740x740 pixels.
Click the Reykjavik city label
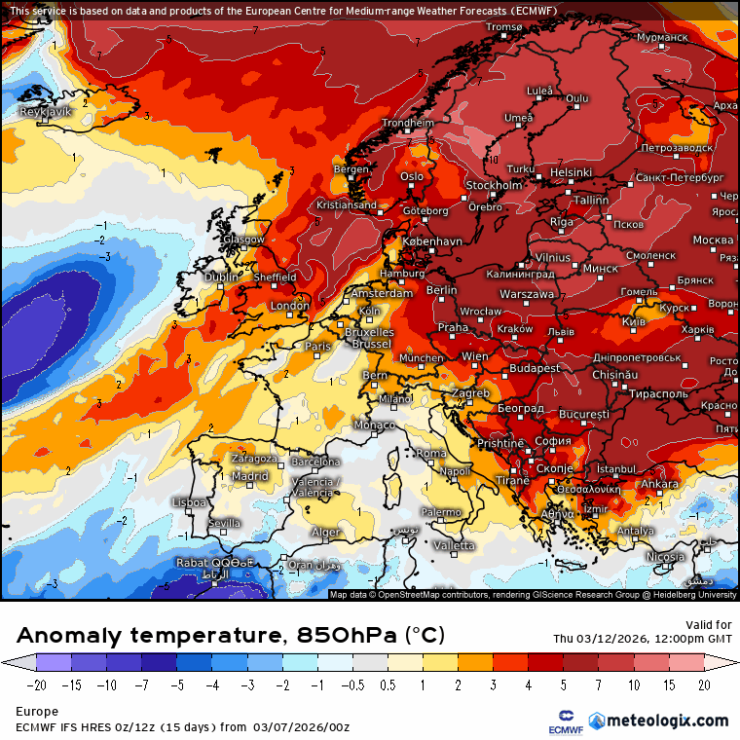click(x=46, y=112)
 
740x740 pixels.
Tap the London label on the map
click(x=289, y=306)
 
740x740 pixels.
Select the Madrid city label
click(x=250, y=476)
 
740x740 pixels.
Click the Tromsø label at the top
click(x=504, y=27)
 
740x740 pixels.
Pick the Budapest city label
click(x=535, y=368)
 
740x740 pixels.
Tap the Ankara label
click(x=659, y=484)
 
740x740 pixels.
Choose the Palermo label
click(x=441, y=512)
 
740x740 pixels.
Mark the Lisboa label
click(x=188, y=502)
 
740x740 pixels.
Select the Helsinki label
click(x=571, y=172)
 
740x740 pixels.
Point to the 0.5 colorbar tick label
click(x=387, y=684)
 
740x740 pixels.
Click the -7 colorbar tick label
click(x=142, y=684)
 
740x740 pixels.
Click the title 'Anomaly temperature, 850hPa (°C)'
click(x=231, y=636)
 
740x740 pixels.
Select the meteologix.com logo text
click(x=667, y=721)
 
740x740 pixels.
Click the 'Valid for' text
click(x=709, y=625)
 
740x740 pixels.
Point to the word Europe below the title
click(x=38, y=712)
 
